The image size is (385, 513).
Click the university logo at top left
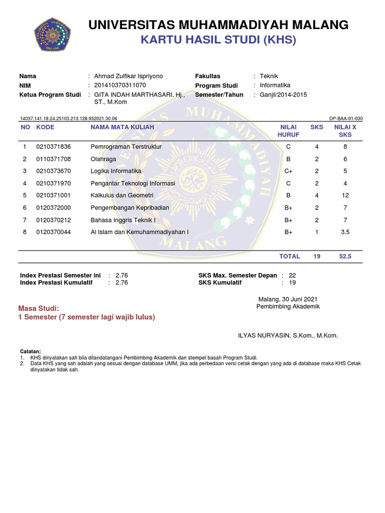tap(53, 34)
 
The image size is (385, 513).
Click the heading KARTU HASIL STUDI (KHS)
tap(218, 40)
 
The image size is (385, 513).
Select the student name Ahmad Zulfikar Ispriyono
tap(128, 76)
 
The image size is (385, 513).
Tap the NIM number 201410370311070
tap(120, 85)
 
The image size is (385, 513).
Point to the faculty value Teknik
tap(269, 76)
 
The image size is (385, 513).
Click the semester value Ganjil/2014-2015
tap(283, 95)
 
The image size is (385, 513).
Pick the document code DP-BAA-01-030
tap(346, 119)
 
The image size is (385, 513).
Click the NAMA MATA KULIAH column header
tap(122, 127)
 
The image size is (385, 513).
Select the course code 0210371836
tap(54, 147)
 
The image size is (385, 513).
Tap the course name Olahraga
tap(103, 159)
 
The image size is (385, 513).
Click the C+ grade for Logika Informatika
tap(288, 171)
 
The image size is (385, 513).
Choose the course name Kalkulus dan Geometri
tap(122, 195)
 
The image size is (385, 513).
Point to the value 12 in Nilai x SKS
tap(345, 195)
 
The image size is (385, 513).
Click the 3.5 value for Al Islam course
tap(345, 232)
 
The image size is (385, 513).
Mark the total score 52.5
tap(345, 256)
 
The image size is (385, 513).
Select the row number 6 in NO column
tap(24, 208)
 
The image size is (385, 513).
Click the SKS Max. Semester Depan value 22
tap(293, 276)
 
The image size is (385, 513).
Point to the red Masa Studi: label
tap(39, 308)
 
